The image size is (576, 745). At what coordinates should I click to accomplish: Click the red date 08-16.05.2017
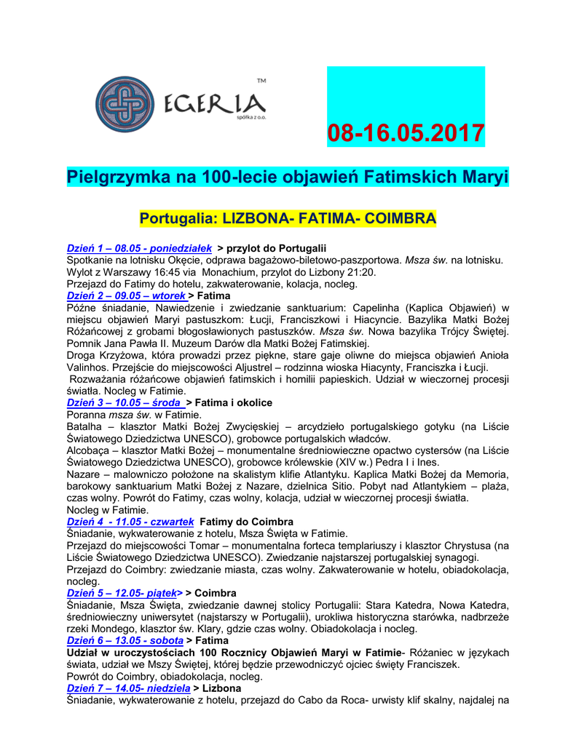(406, 133)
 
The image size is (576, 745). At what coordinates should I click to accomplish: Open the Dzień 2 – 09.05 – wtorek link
(125, 296)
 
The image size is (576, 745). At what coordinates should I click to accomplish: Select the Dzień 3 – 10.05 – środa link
(125, 402)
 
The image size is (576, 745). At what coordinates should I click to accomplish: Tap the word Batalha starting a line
(84, 426)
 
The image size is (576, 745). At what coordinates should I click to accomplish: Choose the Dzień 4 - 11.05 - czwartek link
(130, 522)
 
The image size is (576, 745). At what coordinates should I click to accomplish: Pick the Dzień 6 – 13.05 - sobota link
(125, 640)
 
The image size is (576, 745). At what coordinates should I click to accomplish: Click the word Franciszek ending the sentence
(431, 664)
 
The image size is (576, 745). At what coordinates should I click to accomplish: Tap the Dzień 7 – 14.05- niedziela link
(128, 688)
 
